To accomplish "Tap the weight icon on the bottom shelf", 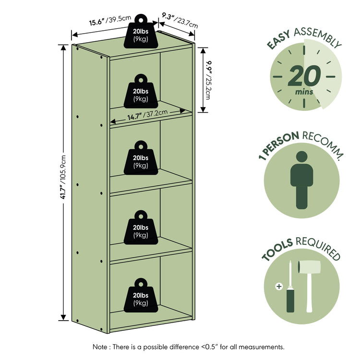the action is click(141, 295).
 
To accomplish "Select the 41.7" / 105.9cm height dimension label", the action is click(63, 177).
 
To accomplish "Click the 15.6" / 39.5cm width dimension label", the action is click(110, 21).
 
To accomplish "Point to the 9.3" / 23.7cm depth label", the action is click(180, 21).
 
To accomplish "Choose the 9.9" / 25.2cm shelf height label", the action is click(208, 80).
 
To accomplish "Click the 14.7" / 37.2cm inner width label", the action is click(147, 115).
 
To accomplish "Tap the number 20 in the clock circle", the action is click(304, 76).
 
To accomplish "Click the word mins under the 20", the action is click(304, 92).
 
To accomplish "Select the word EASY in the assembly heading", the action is click(279, 39).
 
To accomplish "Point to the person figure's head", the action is click(302, 156).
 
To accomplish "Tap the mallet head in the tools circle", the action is click(309, 267).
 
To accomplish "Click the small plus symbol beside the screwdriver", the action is click(279, 287).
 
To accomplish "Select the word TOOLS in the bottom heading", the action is click(277, 250).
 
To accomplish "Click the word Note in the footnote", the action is click(100, 347).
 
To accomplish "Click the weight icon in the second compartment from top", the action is click(141, 91).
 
